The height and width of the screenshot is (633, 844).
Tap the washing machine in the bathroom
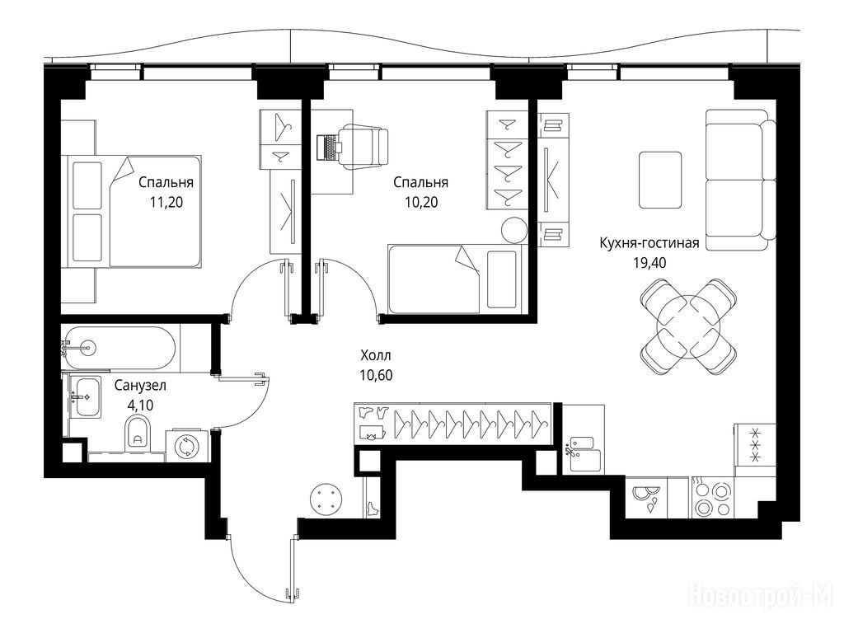(187, 446)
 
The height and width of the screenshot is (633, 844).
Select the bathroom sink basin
(85, 396)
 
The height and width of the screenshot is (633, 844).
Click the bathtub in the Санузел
(119, 349)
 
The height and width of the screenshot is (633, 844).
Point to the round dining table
(688, 326)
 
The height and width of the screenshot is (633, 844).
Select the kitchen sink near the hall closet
(584, 454)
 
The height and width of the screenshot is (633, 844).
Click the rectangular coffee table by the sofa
(660, 180)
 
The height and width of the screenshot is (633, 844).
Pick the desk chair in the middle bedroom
(363, 146)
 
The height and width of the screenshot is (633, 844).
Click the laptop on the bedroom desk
(326, 147)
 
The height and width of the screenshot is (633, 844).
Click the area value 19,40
(649, 263)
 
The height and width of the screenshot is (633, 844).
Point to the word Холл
(376, 355)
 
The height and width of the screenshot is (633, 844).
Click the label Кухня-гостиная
(649, 243)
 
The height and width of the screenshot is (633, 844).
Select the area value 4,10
(140, 406)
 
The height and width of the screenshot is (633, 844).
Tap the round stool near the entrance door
(326, 499)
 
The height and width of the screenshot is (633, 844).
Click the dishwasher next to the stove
(645, 499)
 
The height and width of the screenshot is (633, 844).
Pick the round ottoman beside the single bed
(514, 231)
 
